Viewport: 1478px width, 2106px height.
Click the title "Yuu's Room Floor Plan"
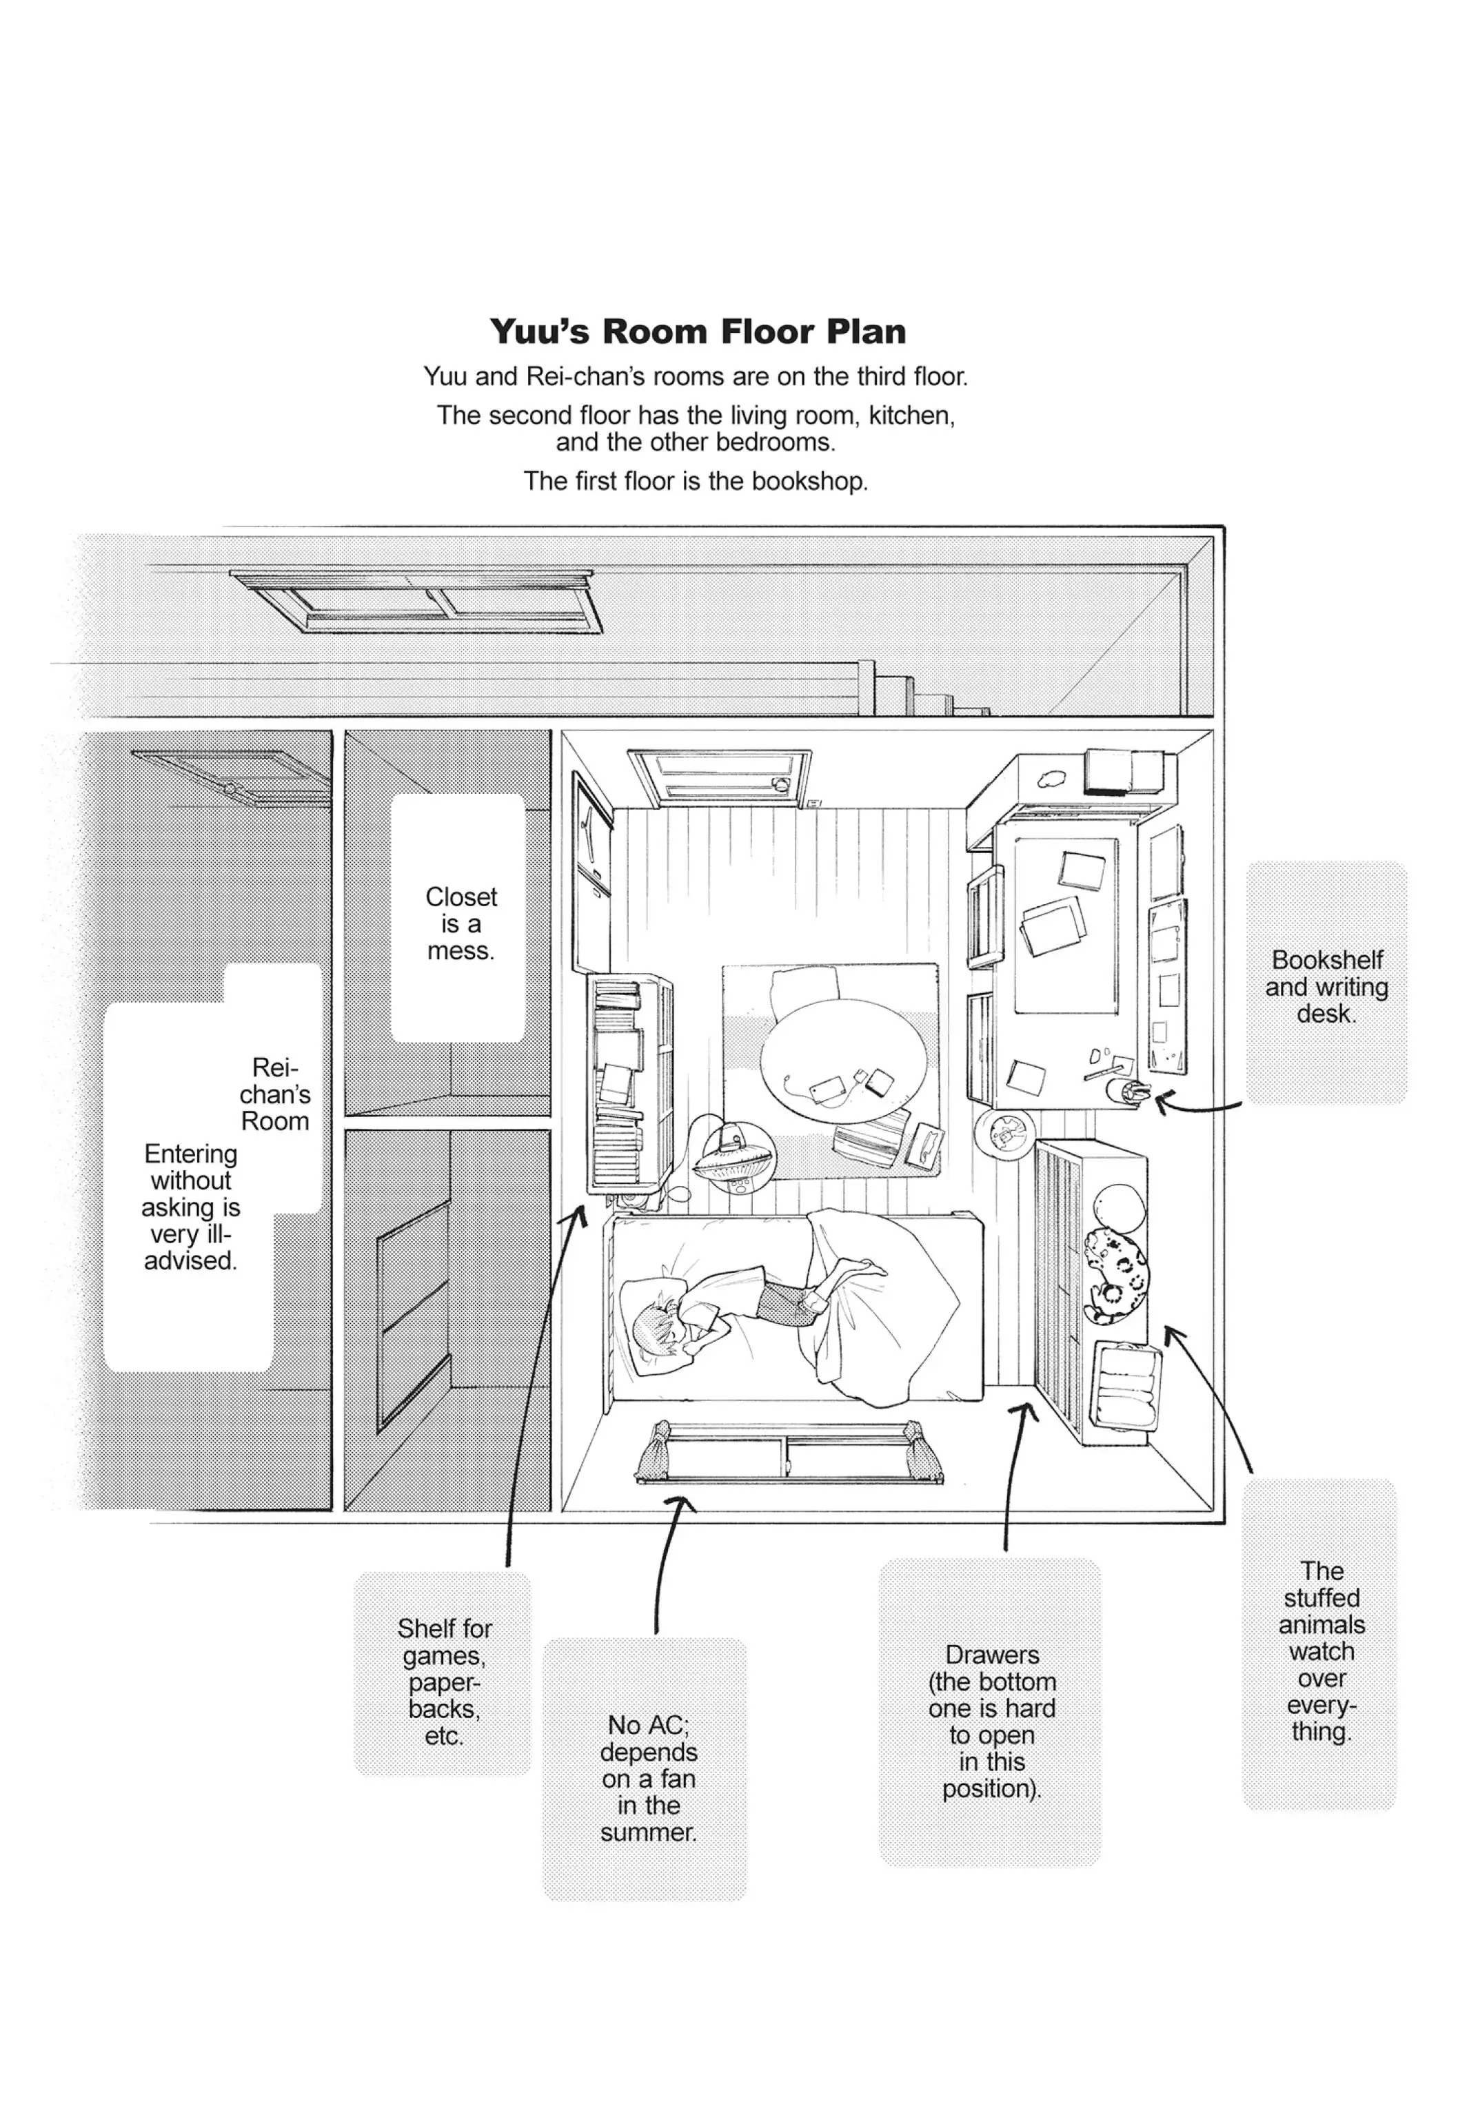tap(697, 331)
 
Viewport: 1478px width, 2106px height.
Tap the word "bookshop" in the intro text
tap(807, 482)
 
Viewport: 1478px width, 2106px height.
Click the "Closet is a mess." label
tap(460, 923)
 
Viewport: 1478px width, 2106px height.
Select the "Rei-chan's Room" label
tap(274, 1094)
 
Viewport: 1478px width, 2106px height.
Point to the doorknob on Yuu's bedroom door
tap(782, 784)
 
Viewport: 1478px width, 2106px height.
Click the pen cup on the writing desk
tap(1128, 1092)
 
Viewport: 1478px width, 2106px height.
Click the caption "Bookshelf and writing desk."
tap(1326, 986)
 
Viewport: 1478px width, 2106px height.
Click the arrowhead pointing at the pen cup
tap(1162, 1100)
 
